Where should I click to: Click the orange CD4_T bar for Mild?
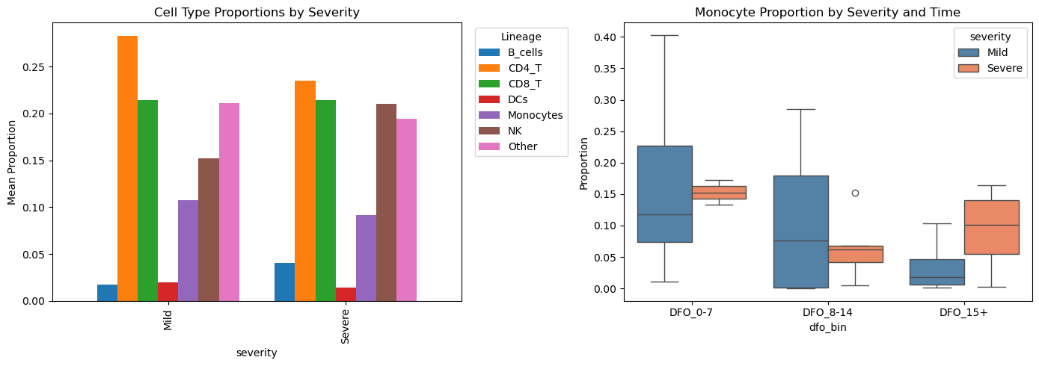(128, 169)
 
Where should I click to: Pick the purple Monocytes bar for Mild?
(188, 251)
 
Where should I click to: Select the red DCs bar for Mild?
(168, 292)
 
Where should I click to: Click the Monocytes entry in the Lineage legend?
(535, 115)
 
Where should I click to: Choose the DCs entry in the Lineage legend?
(521, 99)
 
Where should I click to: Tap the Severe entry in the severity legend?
(1002, 69)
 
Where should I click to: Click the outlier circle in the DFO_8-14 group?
(855, 193)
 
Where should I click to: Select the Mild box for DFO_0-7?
(665, 194)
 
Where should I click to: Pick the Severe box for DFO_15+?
(992, 227)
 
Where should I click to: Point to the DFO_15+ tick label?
(964, 313)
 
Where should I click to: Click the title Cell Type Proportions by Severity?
(257, 12)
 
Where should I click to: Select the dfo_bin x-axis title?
(828, 327)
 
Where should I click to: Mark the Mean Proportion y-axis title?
(12, 161)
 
